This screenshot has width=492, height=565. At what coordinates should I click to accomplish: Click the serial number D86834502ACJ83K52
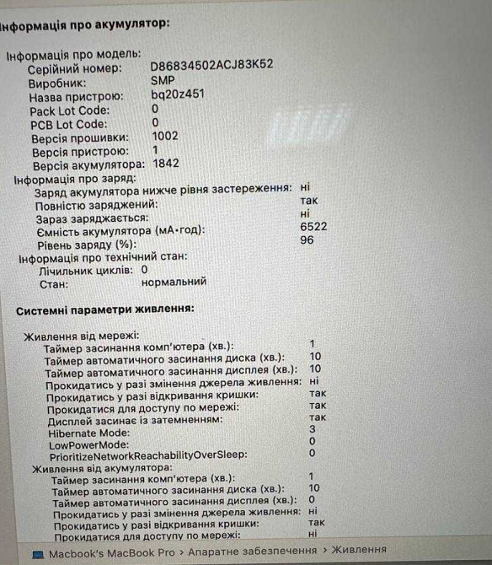211,65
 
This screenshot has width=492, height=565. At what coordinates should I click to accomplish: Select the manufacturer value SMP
163,80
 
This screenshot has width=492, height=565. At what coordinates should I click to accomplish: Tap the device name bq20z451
178,95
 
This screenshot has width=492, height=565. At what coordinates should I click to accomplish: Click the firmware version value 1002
165,136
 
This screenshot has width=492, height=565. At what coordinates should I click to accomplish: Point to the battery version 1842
166,164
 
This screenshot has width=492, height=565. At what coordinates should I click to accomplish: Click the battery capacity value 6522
313,227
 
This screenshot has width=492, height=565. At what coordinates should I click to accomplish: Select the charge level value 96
307,240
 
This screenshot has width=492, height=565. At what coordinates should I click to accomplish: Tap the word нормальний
174,282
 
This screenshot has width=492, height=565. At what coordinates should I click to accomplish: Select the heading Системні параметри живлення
105,311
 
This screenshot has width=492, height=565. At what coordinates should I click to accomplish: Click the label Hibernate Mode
89,432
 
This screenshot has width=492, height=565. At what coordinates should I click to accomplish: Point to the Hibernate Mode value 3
312,429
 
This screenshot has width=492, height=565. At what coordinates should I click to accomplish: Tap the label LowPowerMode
88,444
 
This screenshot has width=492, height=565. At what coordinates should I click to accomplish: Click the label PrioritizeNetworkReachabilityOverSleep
147,455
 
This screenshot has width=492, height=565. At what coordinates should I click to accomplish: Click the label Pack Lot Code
69,110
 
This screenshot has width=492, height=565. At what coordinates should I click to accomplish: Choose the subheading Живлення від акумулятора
102,466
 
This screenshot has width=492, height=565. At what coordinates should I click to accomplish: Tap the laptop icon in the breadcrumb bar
38,554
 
